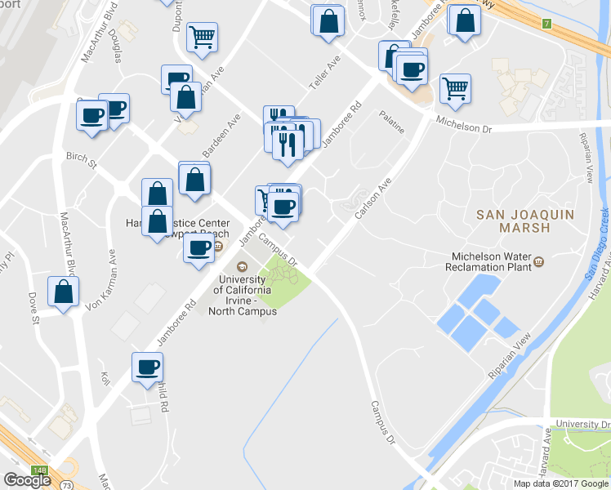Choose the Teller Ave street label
click(323, 74)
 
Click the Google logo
click(27, 480)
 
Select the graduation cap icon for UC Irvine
click(241, 266)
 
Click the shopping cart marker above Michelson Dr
click(455, 87)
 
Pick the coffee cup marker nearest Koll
click(148, 367)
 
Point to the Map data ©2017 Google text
click(561, 483)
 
